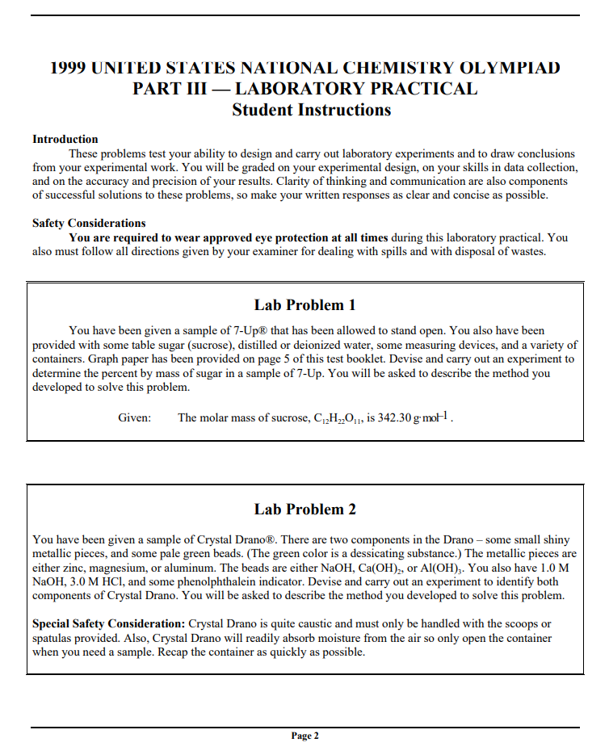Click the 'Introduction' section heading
click(65, 139)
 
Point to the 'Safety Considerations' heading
click(89, 223)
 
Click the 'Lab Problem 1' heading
click(304, 305)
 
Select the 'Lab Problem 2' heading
click(304, 510)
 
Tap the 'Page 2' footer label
click(304, 736)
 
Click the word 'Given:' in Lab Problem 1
click(135, 417)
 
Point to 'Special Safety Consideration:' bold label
click(108, 624)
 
